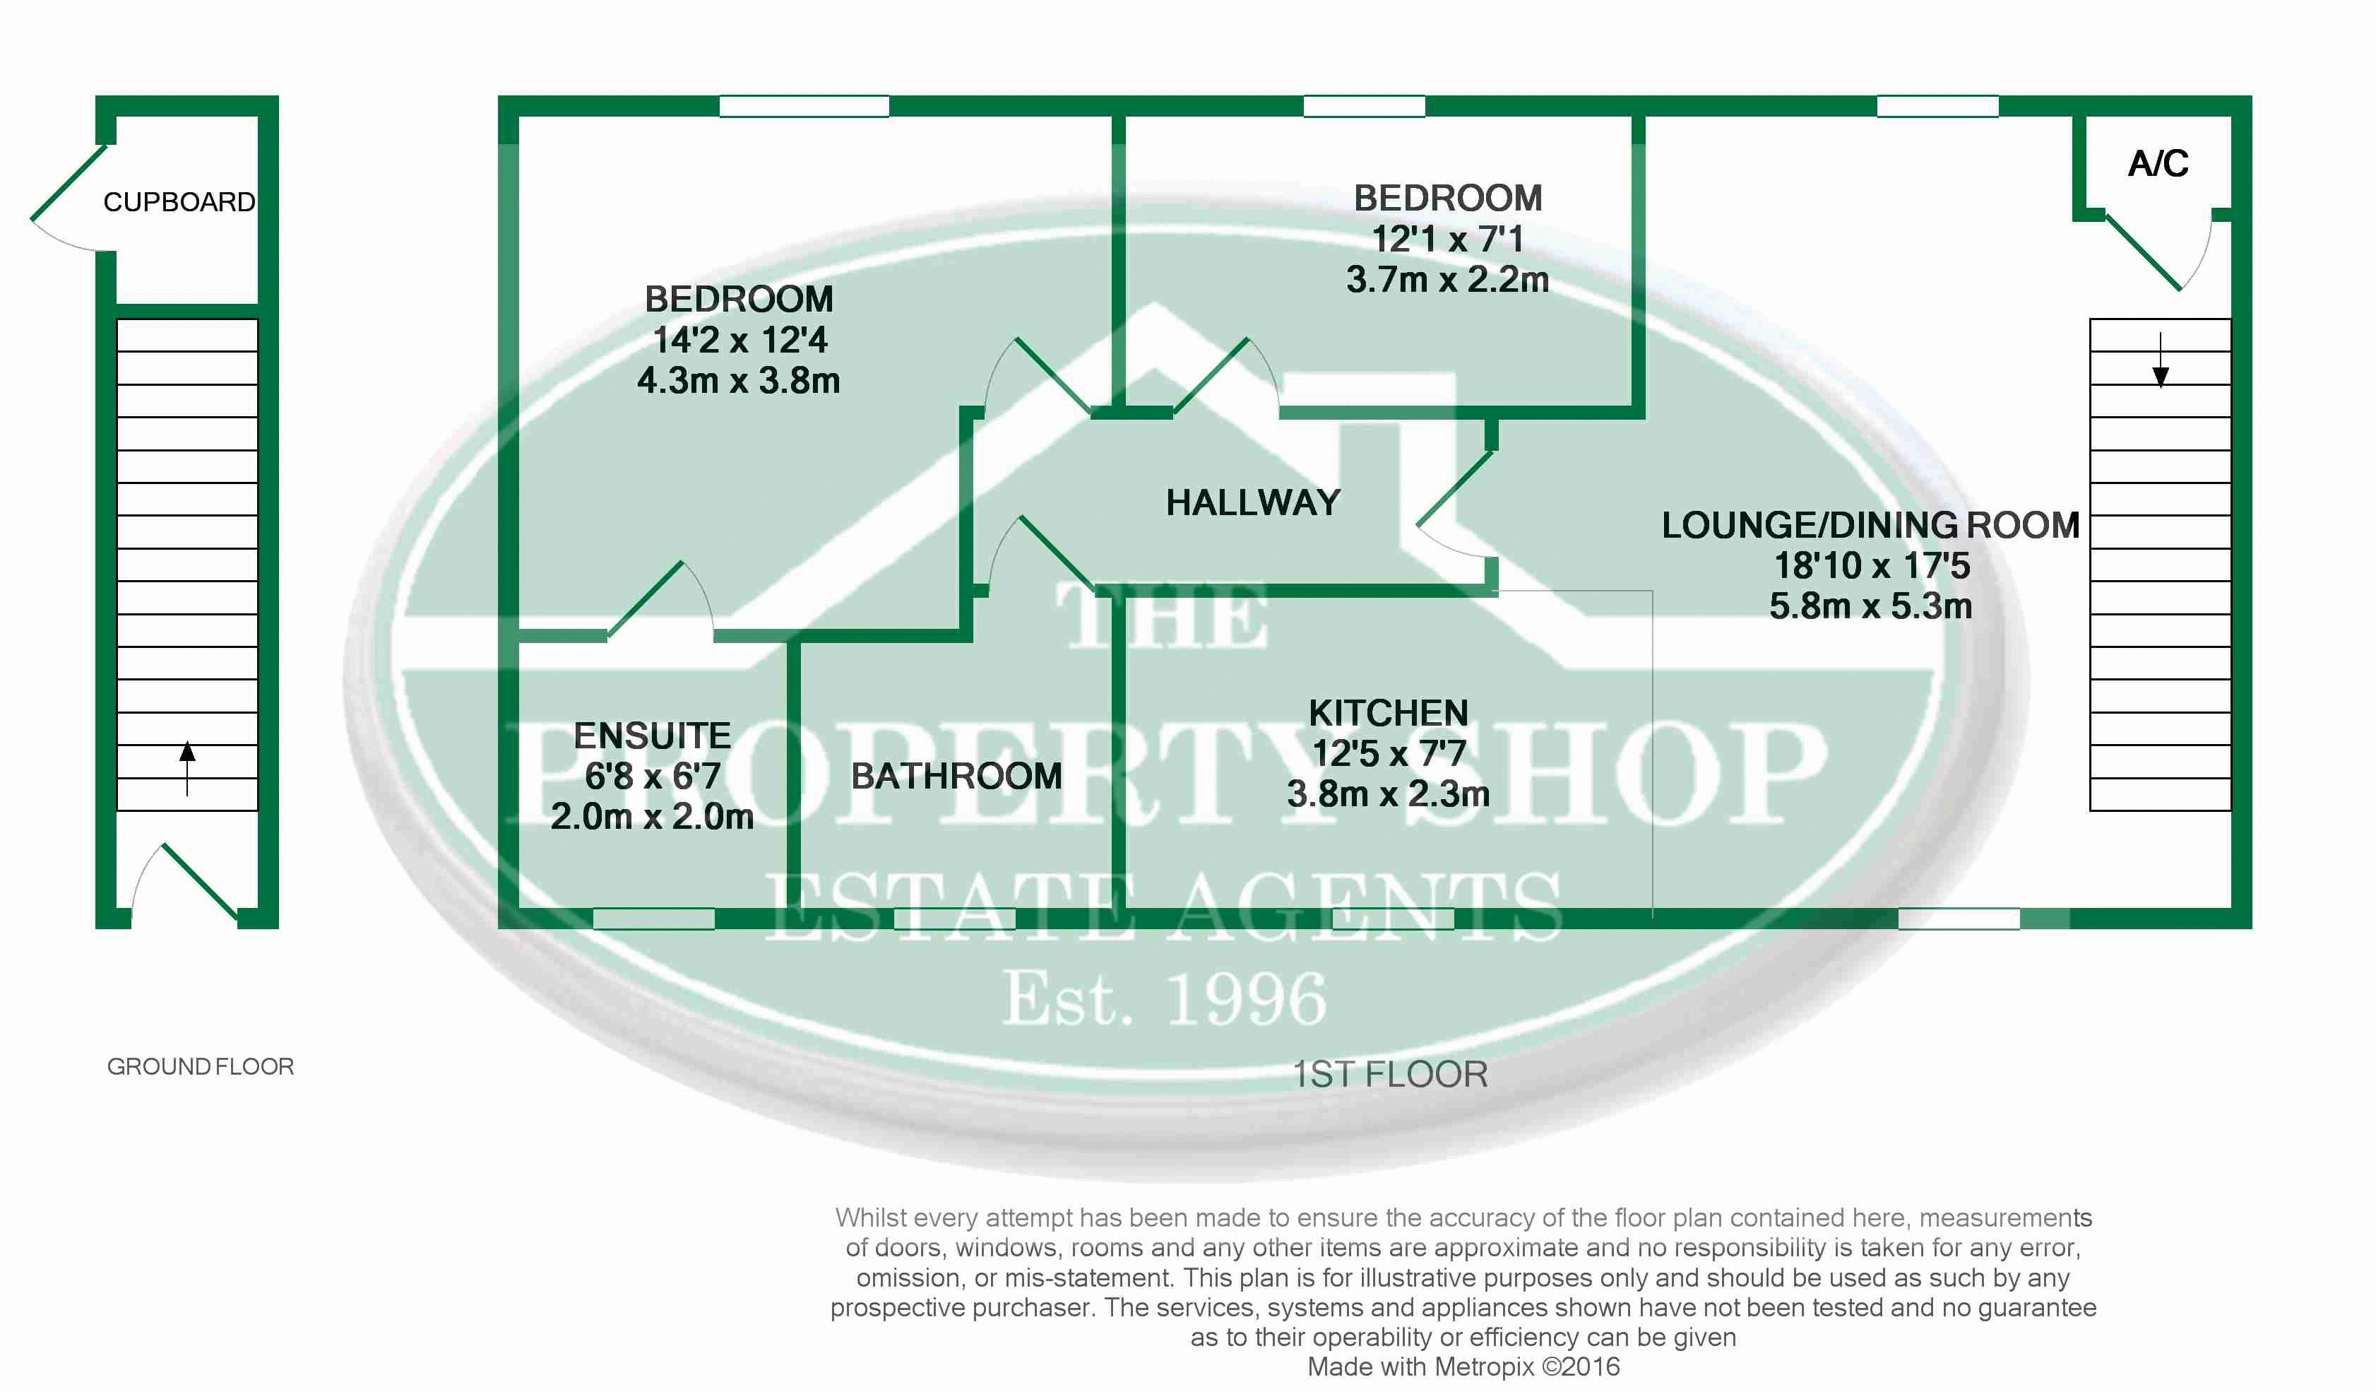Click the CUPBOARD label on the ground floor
tap(179, 202)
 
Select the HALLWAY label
tap(1252, 502)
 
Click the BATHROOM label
tap(956, 776)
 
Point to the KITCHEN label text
tap(1388, 713)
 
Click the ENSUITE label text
tap(651, 736)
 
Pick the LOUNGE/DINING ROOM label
tap(1870, 525)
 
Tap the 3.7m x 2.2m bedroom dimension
tap(1447, 280)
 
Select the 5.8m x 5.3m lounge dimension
tap(1870, 606)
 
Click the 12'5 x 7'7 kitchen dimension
tap(1388, 753)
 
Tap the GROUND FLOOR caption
tap(200, 1067)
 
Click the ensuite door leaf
tap(646, 600)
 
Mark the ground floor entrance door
tap(199, 881)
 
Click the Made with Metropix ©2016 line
tap(1462, 1367)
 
